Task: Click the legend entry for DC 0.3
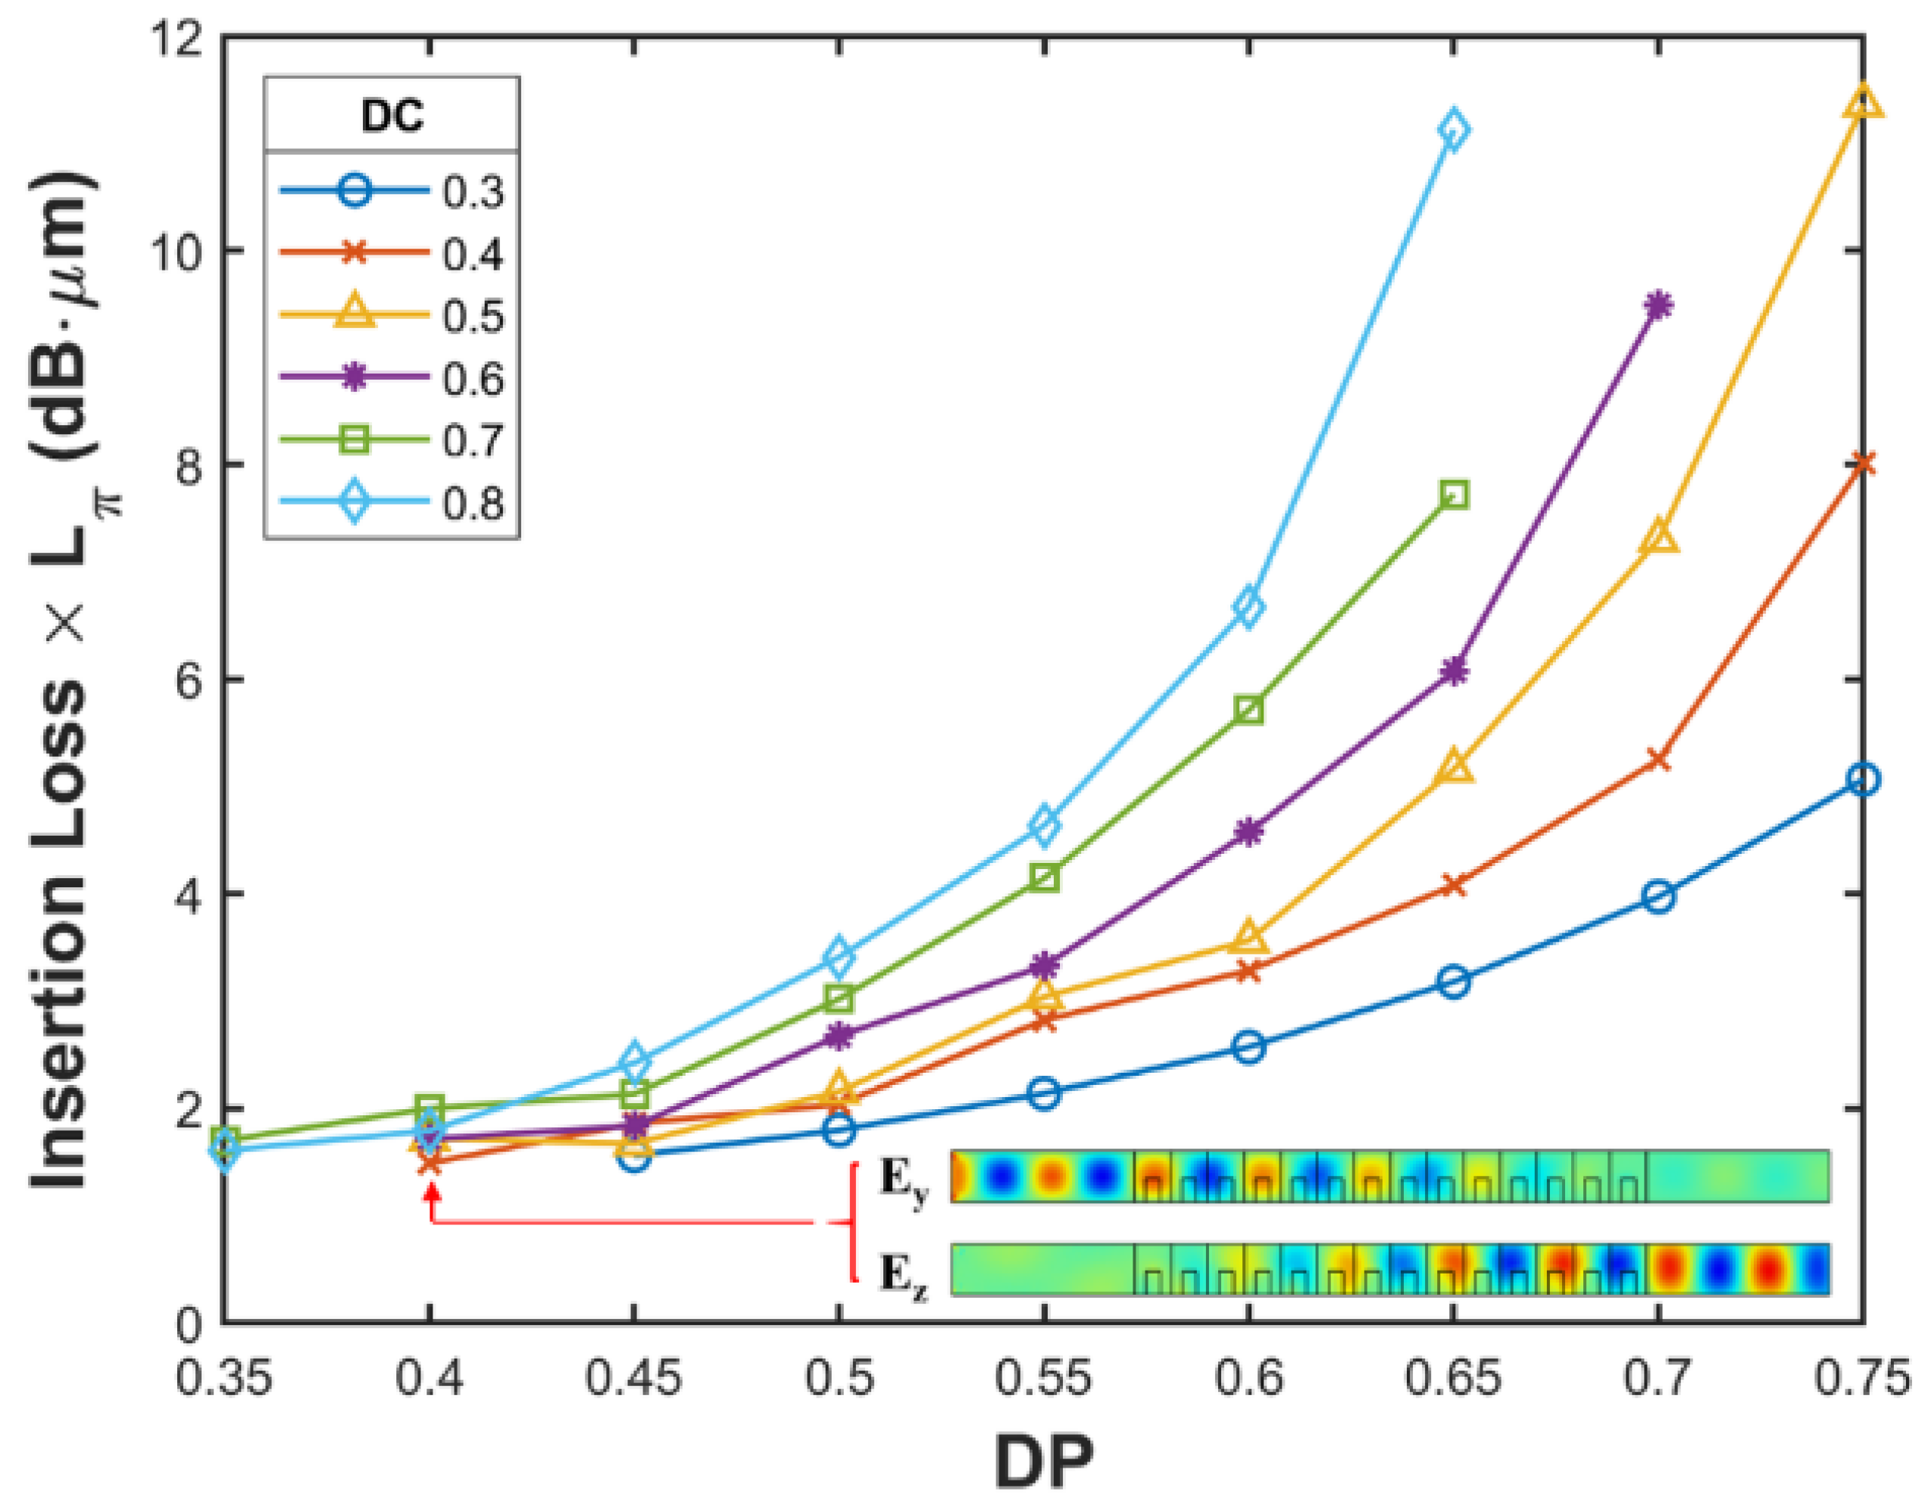pyautogui.click(x=391, y=192)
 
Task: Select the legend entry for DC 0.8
pyautogui.click(x=391, y=502)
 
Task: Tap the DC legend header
pyautogui.click(x=391, y=114)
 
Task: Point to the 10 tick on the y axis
pyautogui.click(x=183, y=251)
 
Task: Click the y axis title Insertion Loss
pyautogui.click(x=66, y=680)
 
